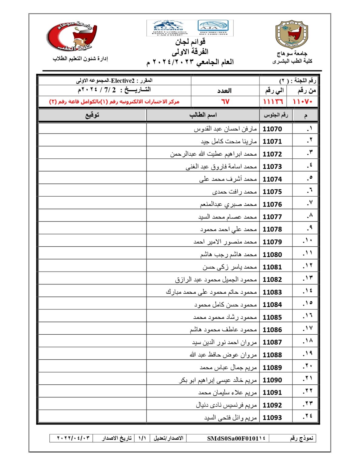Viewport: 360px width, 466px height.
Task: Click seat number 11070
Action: pos(272,129)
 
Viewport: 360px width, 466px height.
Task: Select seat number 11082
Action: pos(272,279)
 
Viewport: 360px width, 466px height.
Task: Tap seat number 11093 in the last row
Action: pos(272,417)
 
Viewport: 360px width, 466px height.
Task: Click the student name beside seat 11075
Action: pos(234,192)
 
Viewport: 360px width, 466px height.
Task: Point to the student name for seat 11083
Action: pos(211,292)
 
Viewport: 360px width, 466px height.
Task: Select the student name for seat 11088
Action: pos(223,355)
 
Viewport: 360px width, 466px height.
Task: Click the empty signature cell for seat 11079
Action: pos(93,242)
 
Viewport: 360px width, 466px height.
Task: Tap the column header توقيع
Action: pos(92,115)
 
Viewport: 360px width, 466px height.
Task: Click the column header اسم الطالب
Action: pos(203,115)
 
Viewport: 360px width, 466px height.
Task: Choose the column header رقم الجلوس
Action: pos(276,115)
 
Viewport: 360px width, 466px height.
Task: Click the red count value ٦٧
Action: pos(225,101)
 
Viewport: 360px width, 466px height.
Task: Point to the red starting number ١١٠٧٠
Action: pos(303,101)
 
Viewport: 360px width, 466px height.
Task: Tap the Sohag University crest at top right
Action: pos(291,35)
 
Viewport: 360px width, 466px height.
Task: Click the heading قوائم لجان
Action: pos(190,42)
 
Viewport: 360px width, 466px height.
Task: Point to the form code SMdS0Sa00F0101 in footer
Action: pos(236,438)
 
